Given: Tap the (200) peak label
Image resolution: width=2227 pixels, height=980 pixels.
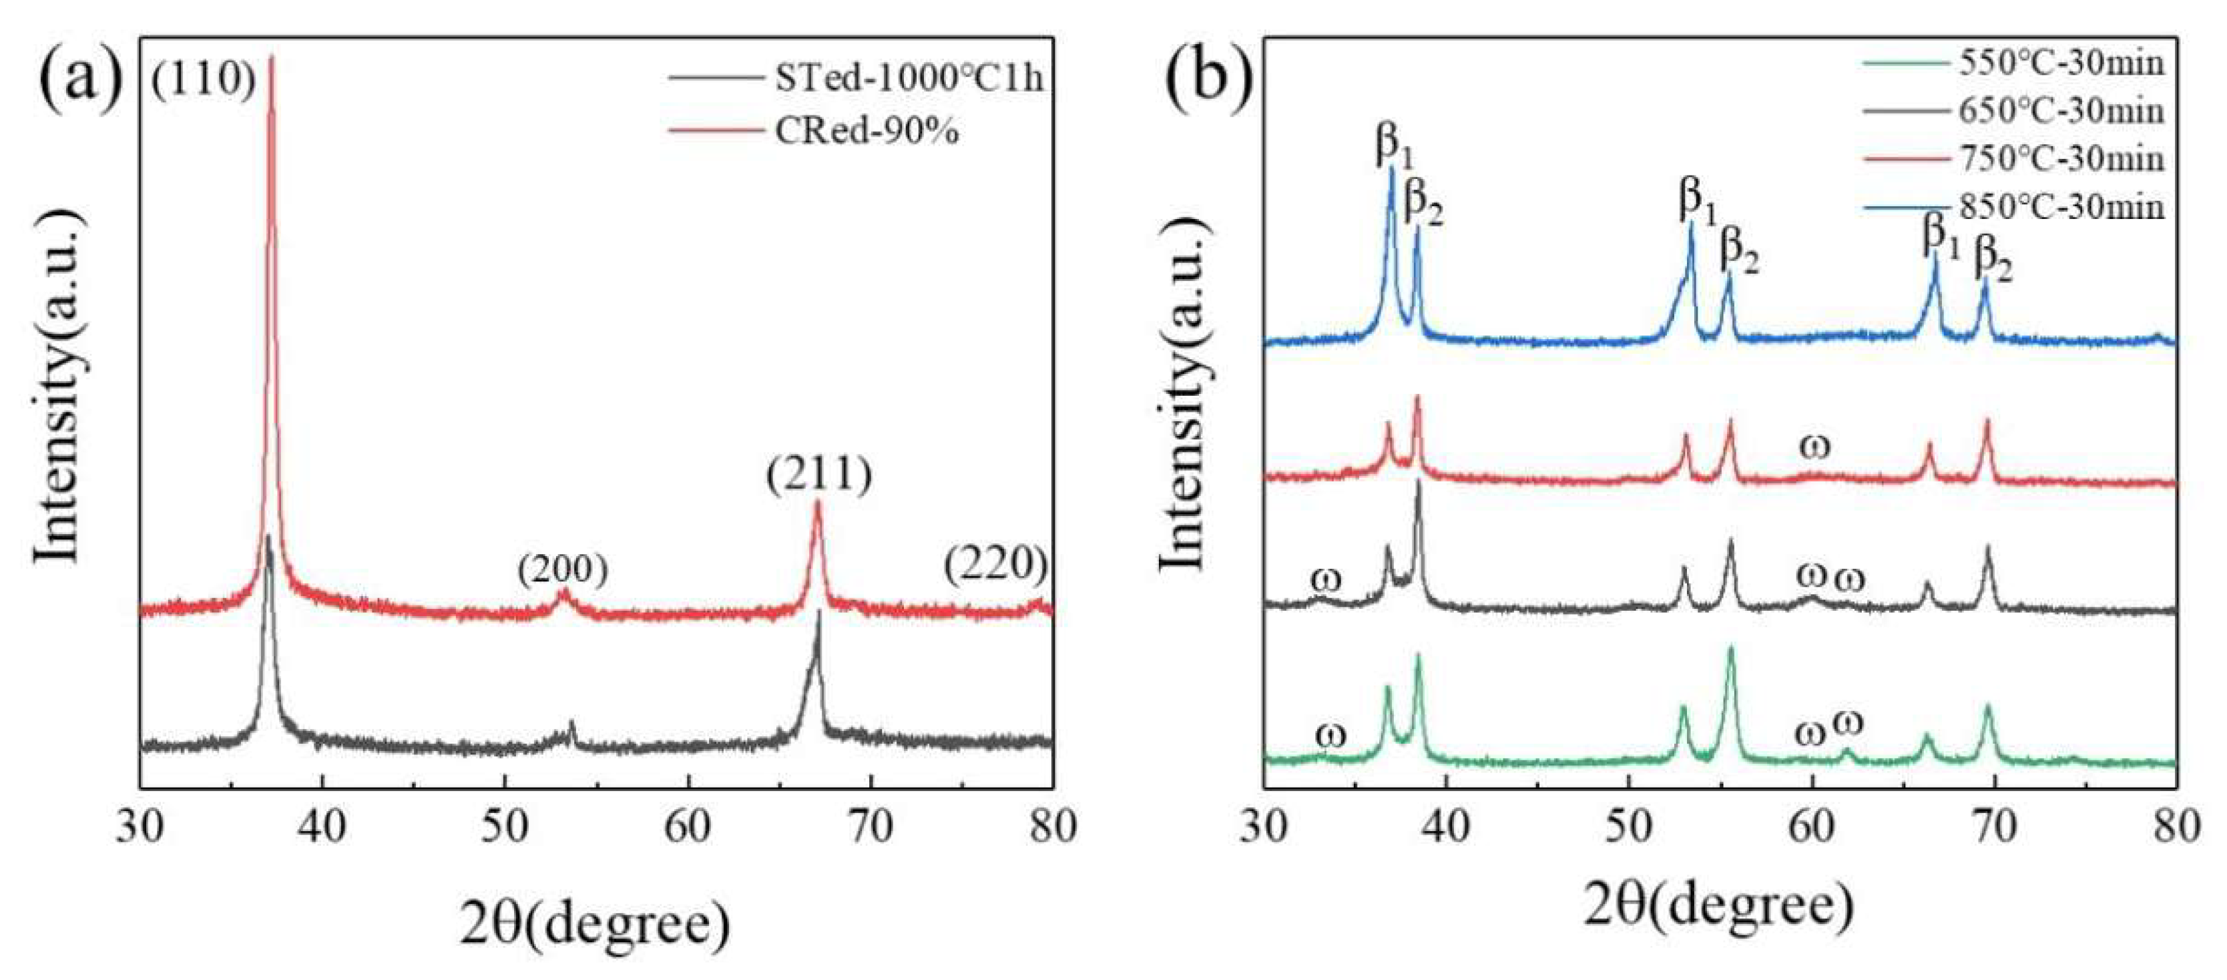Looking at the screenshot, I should point(563,569).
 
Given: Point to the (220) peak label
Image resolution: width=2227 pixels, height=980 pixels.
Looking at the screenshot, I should point(995,565).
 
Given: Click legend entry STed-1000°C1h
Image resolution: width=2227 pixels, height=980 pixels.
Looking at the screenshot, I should point(908,79).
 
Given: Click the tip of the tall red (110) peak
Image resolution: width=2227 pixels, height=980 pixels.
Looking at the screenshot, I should point(272,59).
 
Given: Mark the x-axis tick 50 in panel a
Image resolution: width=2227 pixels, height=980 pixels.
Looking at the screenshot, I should point(505,827).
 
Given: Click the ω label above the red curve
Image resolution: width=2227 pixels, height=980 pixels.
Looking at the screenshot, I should point(1814,446).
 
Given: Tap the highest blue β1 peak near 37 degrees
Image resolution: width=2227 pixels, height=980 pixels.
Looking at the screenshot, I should point(1392,170).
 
